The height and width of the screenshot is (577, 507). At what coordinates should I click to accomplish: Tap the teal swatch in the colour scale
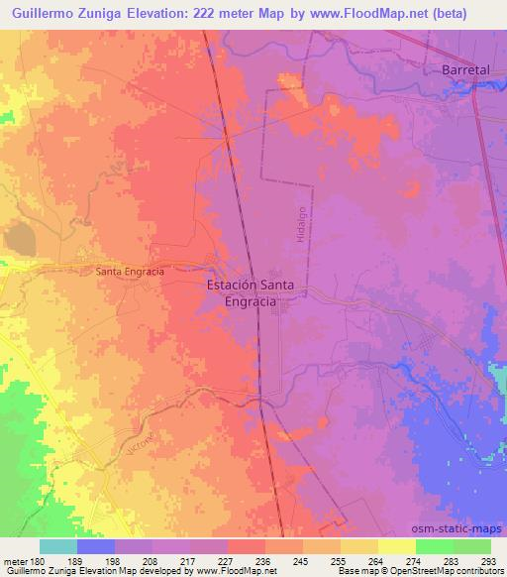point(57,546)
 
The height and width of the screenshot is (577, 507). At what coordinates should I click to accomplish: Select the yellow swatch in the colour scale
point(396,546)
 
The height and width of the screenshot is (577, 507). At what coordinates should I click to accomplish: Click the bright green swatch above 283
point(434,546)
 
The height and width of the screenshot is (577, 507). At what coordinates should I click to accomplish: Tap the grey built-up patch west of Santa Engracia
point(18,239)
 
